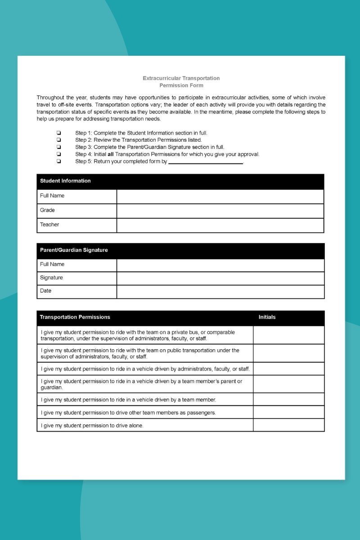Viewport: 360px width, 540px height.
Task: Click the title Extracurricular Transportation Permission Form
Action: coord(181,81)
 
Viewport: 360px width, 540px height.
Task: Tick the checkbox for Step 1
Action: coord(59,133)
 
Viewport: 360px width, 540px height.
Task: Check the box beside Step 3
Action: coord(59,147)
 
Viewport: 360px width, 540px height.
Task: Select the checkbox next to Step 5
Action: coord(59,162)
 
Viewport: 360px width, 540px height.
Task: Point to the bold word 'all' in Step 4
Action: coord(110,154)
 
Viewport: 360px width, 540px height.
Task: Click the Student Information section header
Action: coord(65,181)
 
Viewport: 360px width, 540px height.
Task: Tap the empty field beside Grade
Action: coord(220,211)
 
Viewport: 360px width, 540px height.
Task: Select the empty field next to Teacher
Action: coord(220,225)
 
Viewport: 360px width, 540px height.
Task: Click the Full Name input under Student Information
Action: coord(220,196)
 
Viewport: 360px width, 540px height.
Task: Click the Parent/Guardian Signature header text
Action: coord(74,250)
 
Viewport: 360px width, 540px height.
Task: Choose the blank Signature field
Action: coord(220,278)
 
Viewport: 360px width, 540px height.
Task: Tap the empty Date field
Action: coord(220,291)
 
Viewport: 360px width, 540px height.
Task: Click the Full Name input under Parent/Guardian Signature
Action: coord(220,265)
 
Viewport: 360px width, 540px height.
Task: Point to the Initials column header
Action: coord(267,317)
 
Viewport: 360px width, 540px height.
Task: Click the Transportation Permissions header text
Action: coord(75,317)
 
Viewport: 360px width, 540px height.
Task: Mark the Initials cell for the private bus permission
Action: coord(288,335)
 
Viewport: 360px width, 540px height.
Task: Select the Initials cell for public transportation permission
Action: coord(288,353)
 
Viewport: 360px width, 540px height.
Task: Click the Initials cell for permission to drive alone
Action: coord(288,425)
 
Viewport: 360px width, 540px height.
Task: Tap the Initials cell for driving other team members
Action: coord(288,412)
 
